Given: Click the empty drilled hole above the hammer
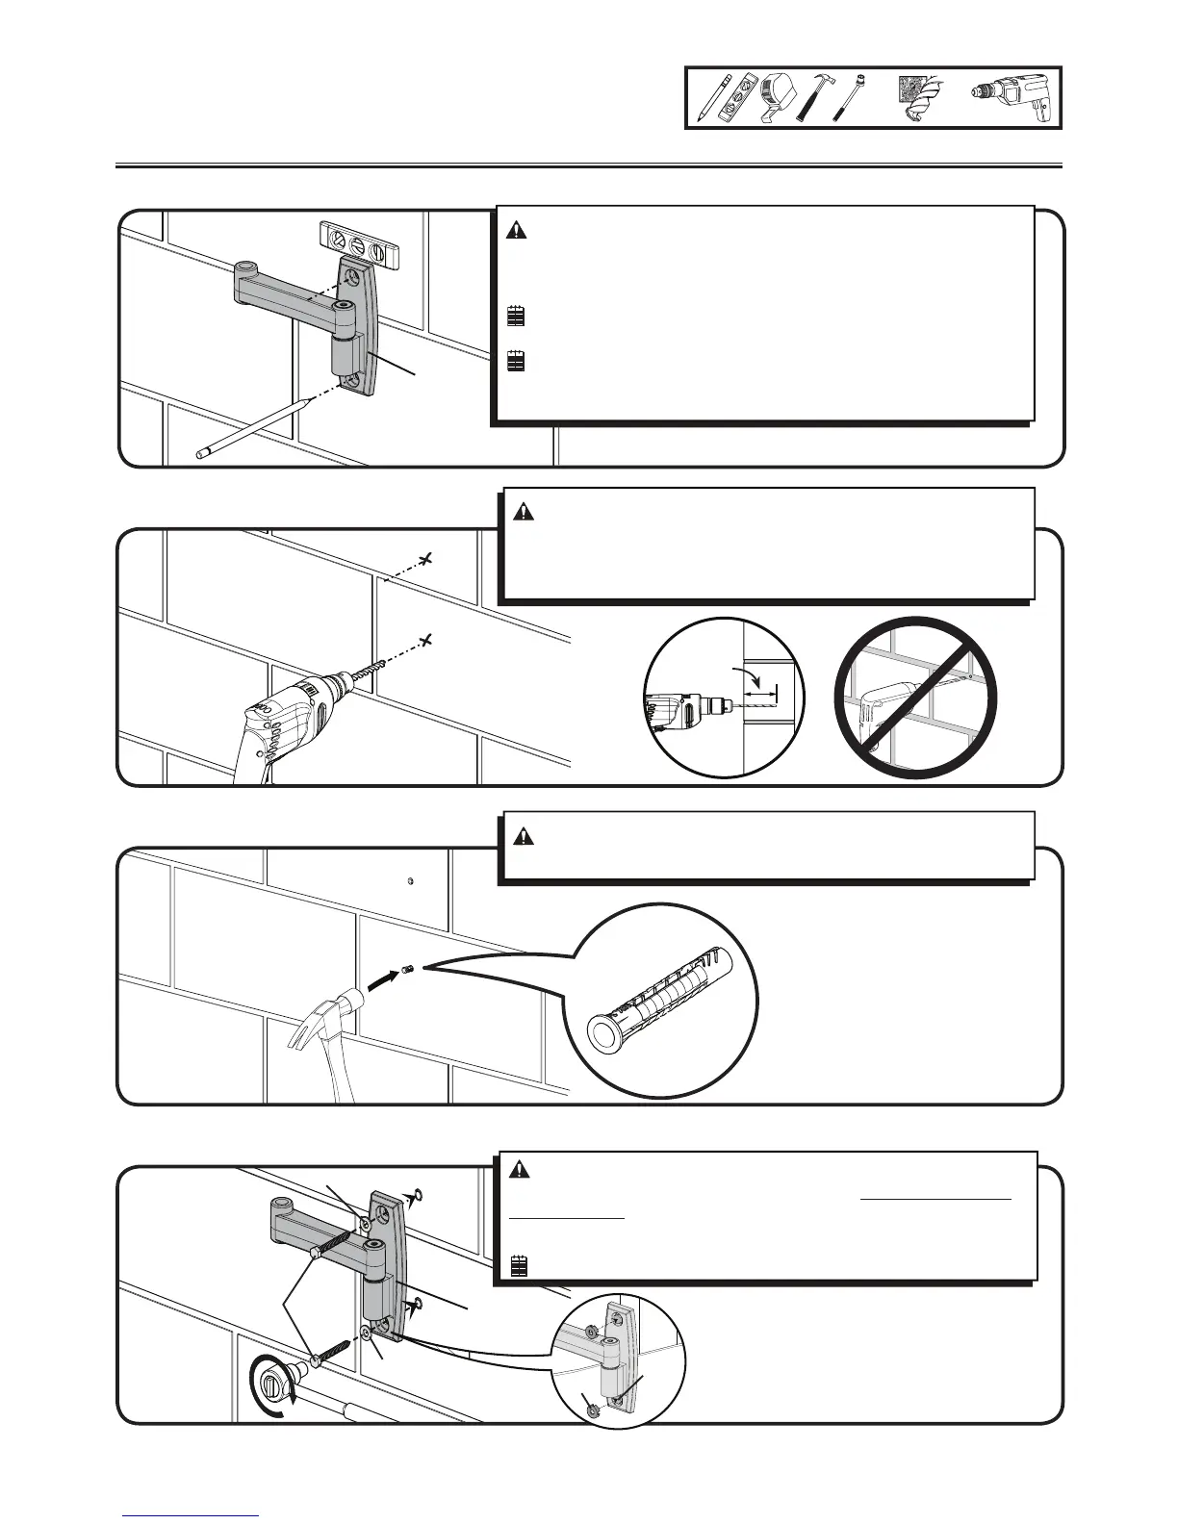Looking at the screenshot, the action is (x=411, y=880).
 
